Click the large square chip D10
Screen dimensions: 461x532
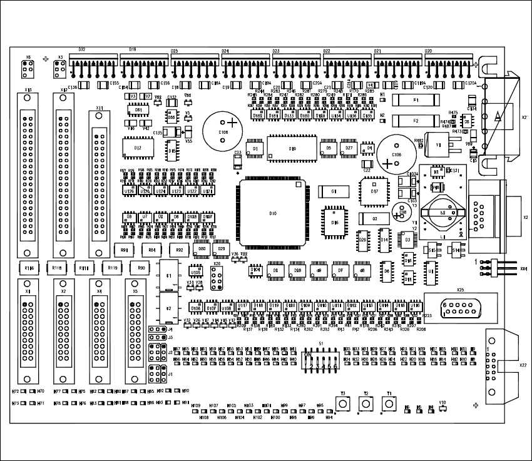(272, 213)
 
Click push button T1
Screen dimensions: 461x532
(389, 404)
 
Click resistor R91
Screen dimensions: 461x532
(123, 251)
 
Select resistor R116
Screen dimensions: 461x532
(28, 268)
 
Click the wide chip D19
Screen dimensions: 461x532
(292, 148)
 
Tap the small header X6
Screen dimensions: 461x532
(28, 67)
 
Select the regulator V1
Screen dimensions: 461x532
(438, 145)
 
